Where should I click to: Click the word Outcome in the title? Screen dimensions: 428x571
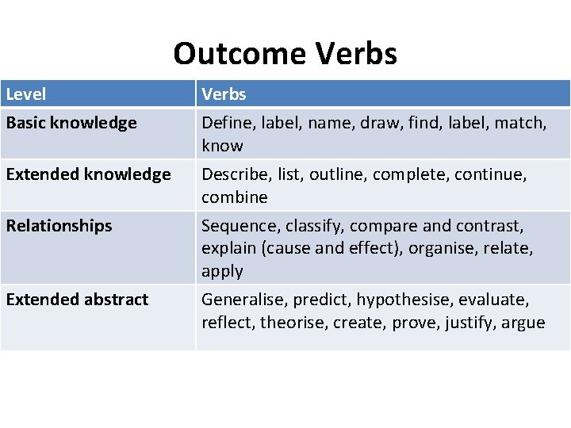pyautogui.click(x=240, y=54)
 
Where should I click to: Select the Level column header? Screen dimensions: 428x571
pyautogui.click(x=26, y=94)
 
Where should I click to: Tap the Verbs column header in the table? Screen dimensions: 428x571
pyautogui.click(x=224, y=94)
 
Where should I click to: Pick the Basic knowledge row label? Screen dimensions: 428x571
pyautogui.click(x=71, y=123)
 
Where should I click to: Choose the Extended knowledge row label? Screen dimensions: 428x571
pyautogui.click(x=88, y=174)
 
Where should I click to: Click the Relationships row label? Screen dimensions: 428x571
pyautogui.click(x=59, y=226)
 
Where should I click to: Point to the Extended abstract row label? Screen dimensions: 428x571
pyautogui.click(x=77, y=300)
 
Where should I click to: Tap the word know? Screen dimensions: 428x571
pyautogui.click(x=222, y=146)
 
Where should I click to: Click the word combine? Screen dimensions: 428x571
pyautogui.click(x=235, y=197)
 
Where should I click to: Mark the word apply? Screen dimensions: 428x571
pyautogui.click(x=222, y=272)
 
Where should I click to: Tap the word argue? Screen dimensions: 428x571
pyautogui.click(x=523, y=323)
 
